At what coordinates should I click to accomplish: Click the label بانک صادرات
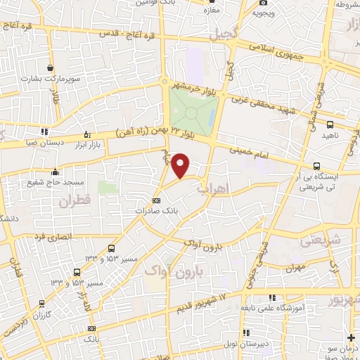(155, 210)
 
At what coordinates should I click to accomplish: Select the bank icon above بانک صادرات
(156, 200)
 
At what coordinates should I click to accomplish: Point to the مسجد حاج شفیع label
(55, 182)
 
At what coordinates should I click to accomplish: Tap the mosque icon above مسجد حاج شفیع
(55, 172)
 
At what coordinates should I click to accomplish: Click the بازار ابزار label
(86, 143)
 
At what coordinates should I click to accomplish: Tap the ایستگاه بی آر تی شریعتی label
(316, 182)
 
